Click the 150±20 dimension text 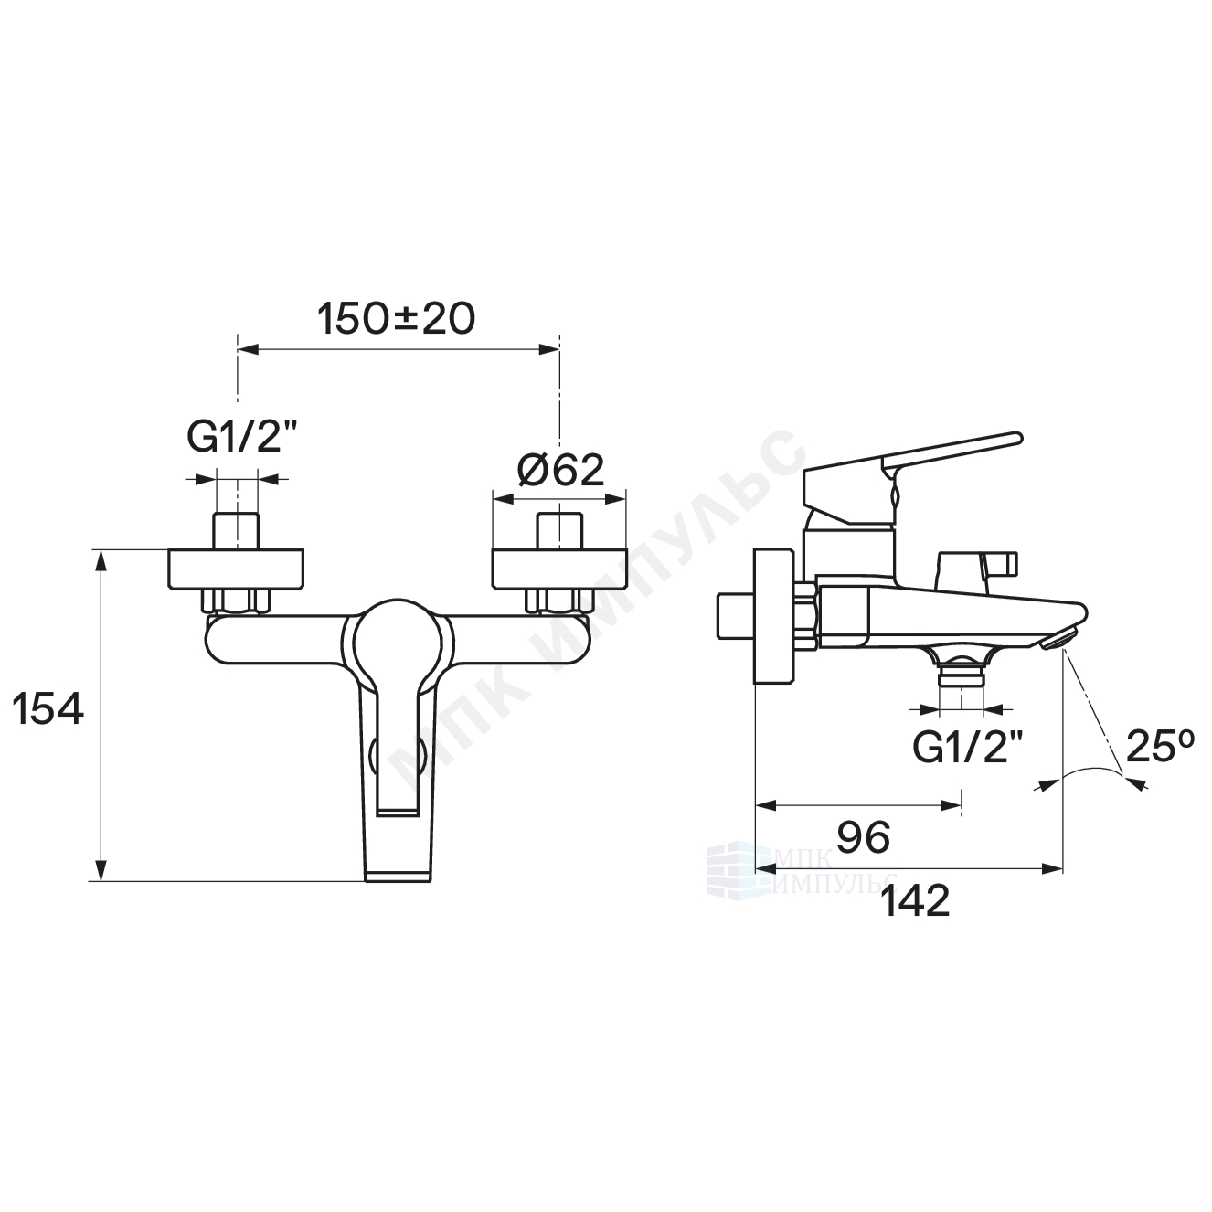pos(396,319)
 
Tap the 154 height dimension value pos(48,708)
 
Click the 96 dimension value pos(864,837)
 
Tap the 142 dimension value pos(916,902)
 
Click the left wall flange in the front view pos(236,569)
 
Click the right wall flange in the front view pos(559,569)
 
